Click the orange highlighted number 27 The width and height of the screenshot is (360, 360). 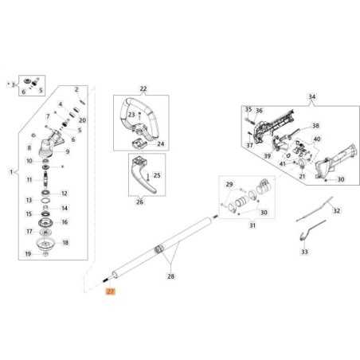[111, 294]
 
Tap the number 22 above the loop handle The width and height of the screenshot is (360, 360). [143, 88]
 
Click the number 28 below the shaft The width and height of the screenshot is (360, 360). [169, 276]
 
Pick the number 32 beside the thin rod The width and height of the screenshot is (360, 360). [336, 210]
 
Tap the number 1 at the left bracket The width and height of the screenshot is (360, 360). [10, 171]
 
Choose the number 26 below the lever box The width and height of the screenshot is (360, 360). [139, 202]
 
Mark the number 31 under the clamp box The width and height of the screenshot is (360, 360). [252, 226]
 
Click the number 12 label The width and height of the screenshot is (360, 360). [65, 193]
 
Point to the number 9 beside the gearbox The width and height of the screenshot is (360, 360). [68, 151]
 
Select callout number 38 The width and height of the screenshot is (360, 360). [315, 126]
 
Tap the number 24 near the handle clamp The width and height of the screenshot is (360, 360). [160, 144]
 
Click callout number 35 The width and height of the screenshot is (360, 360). [248, 109]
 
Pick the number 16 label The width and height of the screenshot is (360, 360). [65, 222]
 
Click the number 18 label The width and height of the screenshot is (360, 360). [65, 242]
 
